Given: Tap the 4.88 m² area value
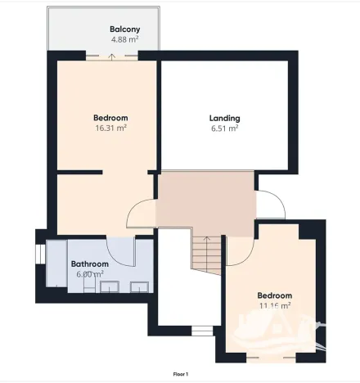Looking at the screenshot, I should pyautogui.click(x=124, y=39).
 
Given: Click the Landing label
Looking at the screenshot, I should pyautogui.click(x=224, y=118).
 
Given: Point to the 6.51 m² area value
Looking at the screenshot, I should pyautogui.click(x=224, y=128).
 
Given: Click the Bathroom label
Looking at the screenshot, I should pyautogui.click(x=89, y=264).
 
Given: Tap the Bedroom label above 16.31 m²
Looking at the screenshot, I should pyautogui.click(x=111, y=118).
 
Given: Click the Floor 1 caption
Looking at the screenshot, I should pyautogui.click(x=181, y=373).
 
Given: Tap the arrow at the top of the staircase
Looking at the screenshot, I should pyautogui.click(x=207, y=240).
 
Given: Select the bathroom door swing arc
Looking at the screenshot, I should pyautogui.click(x=124, y=250).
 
